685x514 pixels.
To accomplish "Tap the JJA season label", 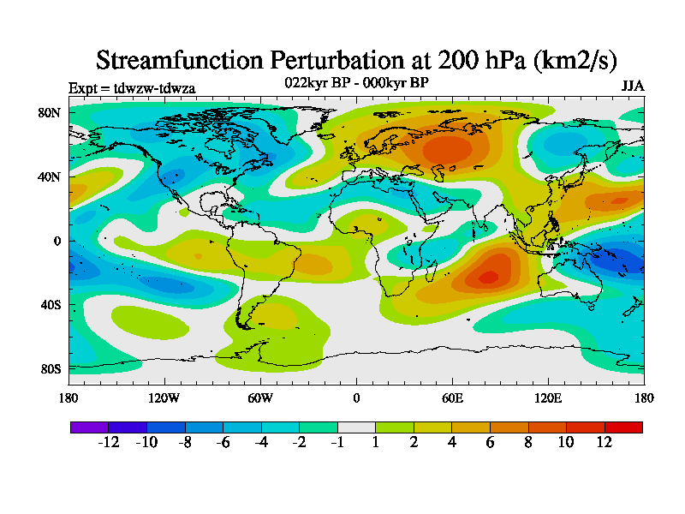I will [x=632, y=87].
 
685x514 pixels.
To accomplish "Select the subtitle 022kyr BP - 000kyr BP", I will [x=356, y=82].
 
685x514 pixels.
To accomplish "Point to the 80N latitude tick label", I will [x=48, y=112].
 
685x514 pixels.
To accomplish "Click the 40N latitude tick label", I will [x=48, y=176].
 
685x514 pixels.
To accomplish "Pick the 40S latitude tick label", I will [x=48, y=304].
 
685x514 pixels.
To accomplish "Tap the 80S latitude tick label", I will [x=48, y=368].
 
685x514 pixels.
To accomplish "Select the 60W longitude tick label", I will [x=260, y=397].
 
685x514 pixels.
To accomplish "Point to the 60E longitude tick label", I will [x=452, y=397].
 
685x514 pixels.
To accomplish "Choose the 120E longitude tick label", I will [x=548, y=397].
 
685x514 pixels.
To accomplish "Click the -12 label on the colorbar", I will [x=108, y=442].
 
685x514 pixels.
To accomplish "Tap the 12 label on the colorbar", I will [x=605, y=442].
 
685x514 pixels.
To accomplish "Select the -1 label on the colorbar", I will [x=337, y=442].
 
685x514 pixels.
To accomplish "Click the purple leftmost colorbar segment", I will [x=89, y=426].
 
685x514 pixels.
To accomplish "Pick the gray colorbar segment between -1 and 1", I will [x=356, y=426].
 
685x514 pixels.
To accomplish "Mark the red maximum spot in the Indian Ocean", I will [x=488, y=277].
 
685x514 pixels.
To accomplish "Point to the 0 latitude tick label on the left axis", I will [x=57, y=241].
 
